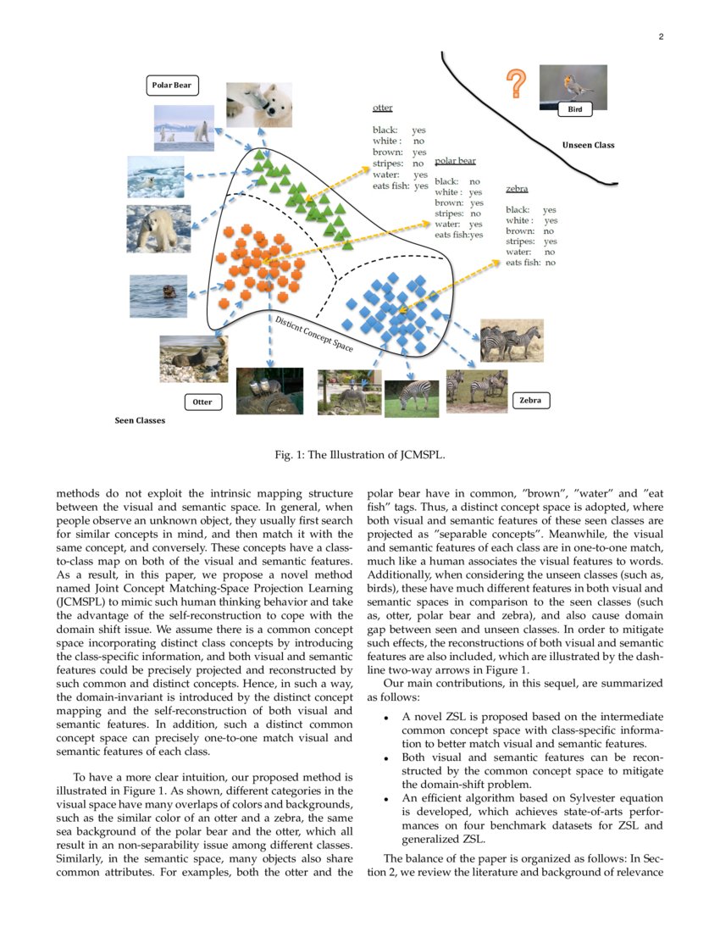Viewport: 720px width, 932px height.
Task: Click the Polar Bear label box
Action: (172, 85)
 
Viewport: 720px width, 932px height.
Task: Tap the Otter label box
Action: (202, 402)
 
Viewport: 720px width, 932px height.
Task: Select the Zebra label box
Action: (530, 400)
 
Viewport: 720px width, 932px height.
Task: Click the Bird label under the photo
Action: (574, 109)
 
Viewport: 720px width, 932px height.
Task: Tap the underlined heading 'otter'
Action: (382, 108)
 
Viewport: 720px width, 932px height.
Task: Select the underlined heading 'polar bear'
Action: (455, 161)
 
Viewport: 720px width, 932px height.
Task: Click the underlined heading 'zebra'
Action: (517, 189)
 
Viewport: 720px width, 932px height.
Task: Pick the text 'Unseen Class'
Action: (588, 145)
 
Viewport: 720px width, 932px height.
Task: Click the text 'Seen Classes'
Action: (140, 420)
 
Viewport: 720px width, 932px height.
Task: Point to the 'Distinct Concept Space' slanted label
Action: (313, 333)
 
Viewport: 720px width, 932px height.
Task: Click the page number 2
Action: (661, 36)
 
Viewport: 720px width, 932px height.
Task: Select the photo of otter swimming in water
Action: (158, 296)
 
